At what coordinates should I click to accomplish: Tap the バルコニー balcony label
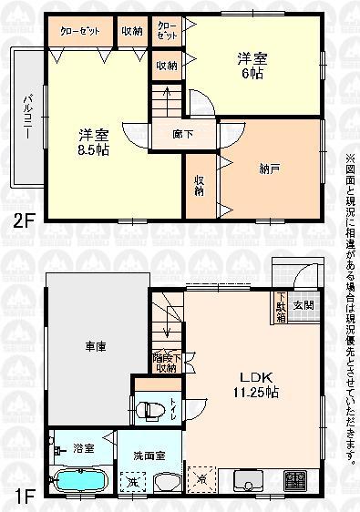[x=27, y=117]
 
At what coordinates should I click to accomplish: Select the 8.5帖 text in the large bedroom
[x=93, y=149]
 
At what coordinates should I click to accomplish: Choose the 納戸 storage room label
[x=270, y=169]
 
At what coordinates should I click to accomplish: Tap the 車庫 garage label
[x=98, y=346]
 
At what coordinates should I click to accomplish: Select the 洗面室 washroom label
[x=149, y=455]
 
